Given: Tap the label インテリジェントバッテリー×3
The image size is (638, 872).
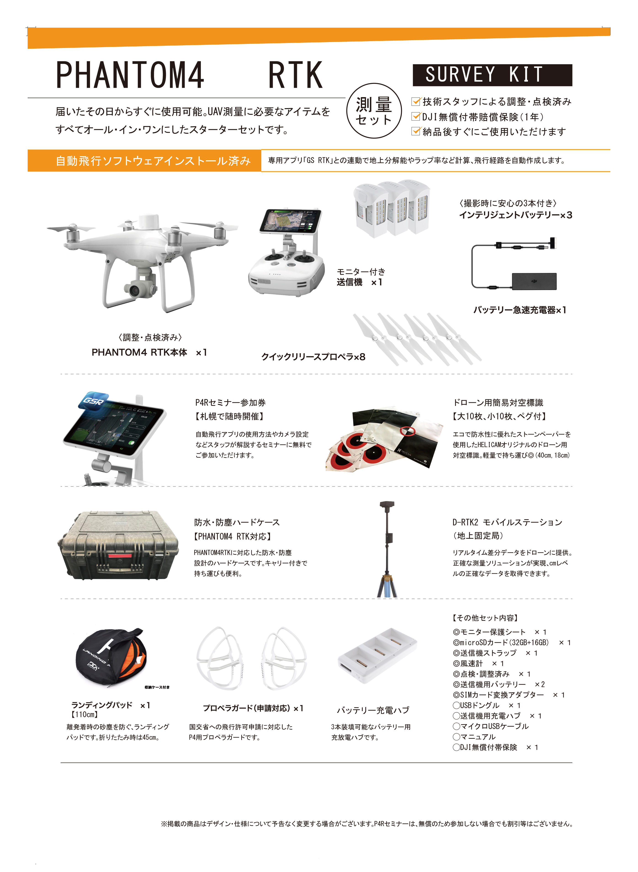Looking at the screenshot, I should tap(515, 215).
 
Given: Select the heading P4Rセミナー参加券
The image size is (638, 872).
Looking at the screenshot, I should tap(230, 403).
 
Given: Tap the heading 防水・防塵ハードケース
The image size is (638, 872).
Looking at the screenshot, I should tap(237, 522).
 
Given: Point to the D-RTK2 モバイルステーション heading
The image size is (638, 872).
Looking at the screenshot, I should tap(507, 522).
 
